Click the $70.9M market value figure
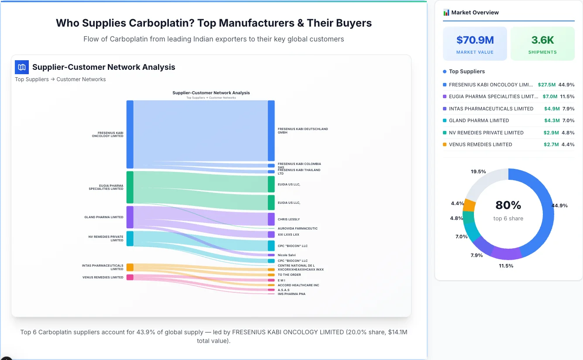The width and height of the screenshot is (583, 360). click(475, 40)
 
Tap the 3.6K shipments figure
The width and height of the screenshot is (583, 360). click(542, 40)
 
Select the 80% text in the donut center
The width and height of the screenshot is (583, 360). click(508, 205)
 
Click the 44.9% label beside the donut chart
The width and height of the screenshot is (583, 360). click(559, 206)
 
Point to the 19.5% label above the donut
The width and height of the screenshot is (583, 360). click(478, 171)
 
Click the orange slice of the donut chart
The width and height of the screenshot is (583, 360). click(469, 205)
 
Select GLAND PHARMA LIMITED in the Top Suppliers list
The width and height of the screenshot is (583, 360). click(479, 120)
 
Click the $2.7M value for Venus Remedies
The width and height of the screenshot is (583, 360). click(551, 144)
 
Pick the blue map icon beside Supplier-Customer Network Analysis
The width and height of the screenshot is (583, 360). click(22, 67)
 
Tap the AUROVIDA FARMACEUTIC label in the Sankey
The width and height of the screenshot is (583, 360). click(298, 229)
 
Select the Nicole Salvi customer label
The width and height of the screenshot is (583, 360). click(287, 255)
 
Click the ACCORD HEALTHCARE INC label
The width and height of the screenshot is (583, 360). click(298, 285)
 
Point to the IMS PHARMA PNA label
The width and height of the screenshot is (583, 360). click(291, 294)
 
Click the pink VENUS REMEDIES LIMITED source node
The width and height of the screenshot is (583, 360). click(130, 278)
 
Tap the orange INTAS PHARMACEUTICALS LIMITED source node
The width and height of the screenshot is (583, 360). click(130, 267)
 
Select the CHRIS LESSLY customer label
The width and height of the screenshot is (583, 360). click(289, 219)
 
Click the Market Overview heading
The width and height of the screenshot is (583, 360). click(475, 13)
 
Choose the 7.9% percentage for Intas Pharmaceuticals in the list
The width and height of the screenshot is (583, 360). click(568, 109)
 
